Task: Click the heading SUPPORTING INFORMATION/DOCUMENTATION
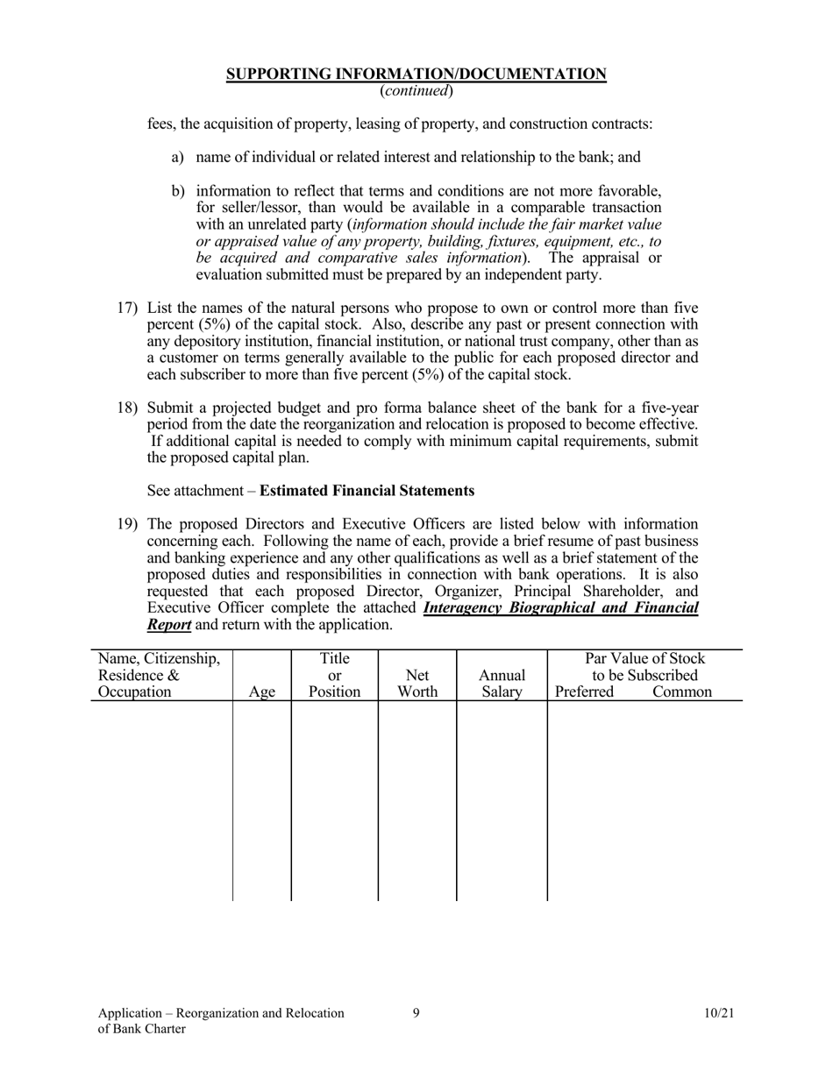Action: [x=416, y=74]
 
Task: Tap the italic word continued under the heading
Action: [x=416, y=91]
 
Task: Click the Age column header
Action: [x=262, y=692]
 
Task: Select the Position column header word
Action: [x=334, y=691]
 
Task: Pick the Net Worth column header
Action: [x=417, y=684]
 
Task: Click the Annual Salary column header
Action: [x=502, y=684]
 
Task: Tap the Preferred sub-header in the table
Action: [x=585, y=692]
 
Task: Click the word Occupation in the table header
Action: [x=135, y=692]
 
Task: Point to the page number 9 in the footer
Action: [x=416, y=1013]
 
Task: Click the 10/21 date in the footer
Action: [x=718, y=1013]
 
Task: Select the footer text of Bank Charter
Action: [x=142, y=1029]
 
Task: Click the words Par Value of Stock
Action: [x=644, y=658]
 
